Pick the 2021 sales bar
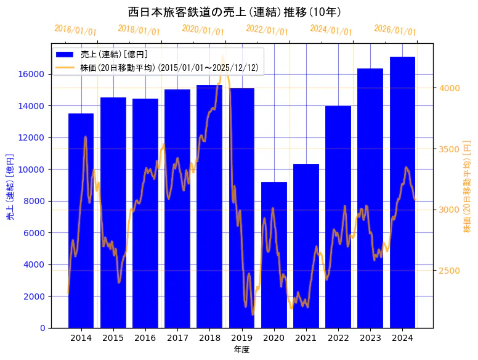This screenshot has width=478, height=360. pos(306,246)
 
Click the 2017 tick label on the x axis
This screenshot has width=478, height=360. pos(177,338)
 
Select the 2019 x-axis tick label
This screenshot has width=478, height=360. pos(241,338)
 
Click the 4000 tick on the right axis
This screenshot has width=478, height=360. pos(449,88)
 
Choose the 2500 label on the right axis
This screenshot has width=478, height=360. pos(449,271)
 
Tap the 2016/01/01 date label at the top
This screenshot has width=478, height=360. pos(76,30)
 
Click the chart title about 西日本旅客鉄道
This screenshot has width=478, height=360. pos(235,12)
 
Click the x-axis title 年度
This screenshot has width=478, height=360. pos(241,350)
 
